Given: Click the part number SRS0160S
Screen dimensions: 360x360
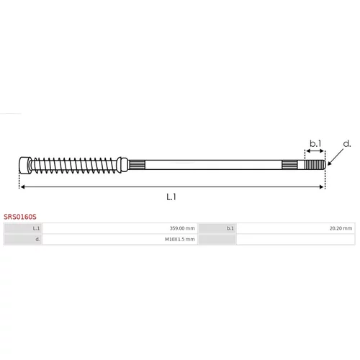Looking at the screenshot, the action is (x=20, y=217).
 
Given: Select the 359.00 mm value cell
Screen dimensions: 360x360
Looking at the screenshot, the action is (x=120, y=228).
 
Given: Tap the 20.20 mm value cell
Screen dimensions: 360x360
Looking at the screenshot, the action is (x=296, y=228).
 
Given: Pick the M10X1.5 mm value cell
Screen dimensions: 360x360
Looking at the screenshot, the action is (x=120, y=239).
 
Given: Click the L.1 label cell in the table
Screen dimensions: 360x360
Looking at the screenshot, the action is (x=23, y=228).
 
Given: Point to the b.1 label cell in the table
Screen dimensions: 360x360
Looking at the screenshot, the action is (x=217, y=228).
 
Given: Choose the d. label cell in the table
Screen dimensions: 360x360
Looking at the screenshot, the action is (x=23, y=239).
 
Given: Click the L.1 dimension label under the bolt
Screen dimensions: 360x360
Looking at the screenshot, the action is (x=171, y=197).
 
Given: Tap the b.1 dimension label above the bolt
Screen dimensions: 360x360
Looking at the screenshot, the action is (x=315, y=143).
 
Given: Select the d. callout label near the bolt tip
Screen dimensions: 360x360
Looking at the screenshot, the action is (x=347, y=144).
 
